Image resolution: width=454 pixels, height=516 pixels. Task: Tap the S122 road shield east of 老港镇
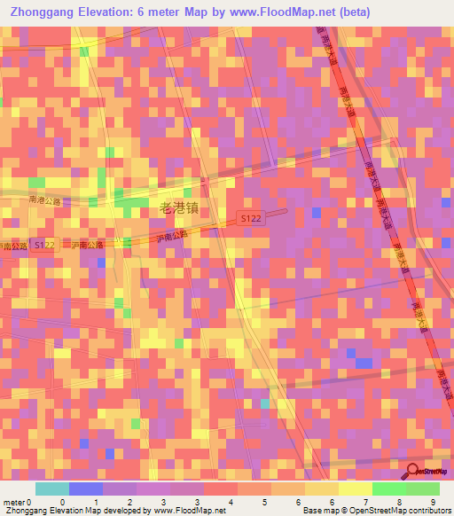pyautogui.click(x=251, y=218)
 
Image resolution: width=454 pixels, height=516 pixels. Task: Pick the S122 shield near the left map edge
pyautogui.click(x=43, y=244)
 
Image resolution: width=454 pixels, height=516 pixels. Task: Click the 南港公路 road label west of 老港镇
pyautogui.click(x=44, y=201)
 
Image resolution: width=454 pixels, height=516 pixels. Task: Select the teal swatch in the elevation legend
pyautogui.click(x=52, y=489)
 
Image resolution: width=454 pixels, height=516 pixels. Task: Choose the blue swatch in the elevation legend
pyautogui.click(x=86, y=489)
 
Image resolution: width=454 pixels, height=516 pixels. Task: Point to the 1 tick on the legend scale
pyautogui.click(x=96, y=501)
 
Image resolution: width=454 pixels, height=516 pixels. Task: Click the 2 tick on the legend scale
pyautogui.click(x=129, y=501)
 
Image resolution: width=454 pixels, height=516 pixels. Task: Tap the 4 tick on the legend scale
pyautogui.click(x=231, y=501)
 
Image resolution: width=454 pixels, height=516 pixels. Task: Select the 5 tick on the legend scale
pyautogui.click(x=264, y=501)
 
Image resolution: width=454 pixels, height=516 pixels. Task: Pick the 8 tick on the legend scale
pyautogui.click(x=399, y=501)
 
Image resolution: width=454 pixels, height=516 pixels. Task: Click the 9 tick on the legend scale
pyautogui.click(x=433, y=501)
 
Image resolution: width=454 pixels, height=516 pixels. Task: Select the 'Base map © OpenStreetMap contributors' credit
pyautogui.click(x=376, y=511)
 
